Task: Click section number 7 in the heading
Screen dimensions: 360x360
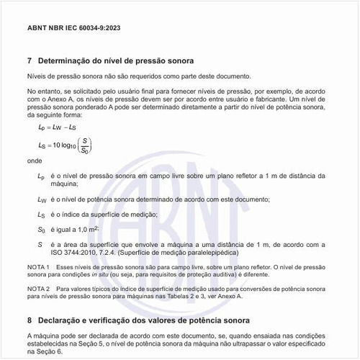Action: coord(30,60)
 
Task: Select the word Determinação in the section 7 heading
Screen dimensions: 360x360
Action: coord(69,60)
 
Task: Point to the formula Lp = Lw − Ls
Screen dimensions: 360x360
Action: coord(58,127)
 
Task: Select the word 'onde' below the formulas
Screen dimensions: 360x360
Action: coord(35,162)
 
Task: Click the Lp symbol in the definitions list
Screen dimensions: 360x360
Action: coord(40,176)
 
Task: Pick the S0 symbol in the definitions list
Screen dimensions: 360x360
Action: coord(41,229)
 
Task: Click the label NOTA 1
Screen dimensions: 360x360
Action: coord(38,267)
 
